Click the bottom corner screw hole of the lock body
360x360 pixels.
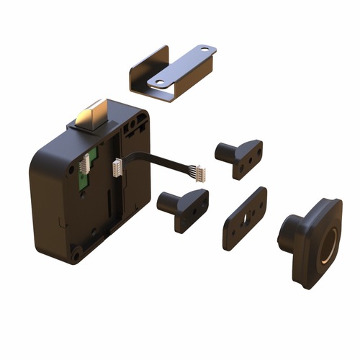point(76,253)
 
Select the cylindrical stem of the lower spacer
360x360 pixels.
point(166,202)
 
